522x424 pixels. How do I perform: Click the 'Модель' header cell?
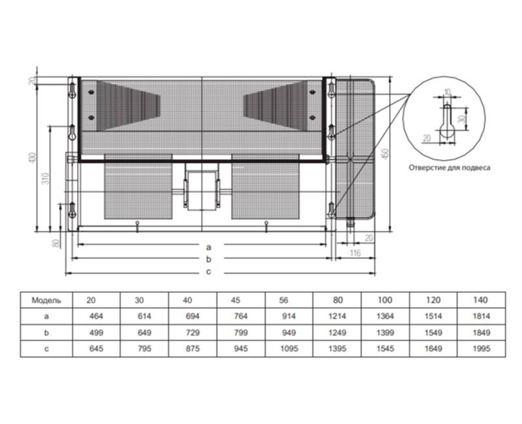(46, 300)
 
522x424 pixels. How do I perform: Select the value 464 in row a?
(96, 316)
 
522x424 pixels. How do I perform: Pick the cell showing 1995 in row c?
(482, 348)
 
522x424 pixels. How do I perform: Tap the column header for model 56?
(284, 300)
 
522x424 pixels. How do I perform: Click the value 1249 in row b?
(337, 333)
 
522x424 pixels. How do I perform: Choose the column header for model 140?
(480, 300)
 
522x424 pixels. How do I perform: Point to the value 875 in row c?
(192, 348)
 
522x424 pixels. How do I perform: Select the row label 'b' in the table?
(46, 333)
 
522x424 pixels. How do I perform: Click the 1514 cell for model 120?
(433, 316)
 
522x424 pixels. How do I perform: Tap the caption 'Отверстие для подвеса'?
(450, 168)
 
